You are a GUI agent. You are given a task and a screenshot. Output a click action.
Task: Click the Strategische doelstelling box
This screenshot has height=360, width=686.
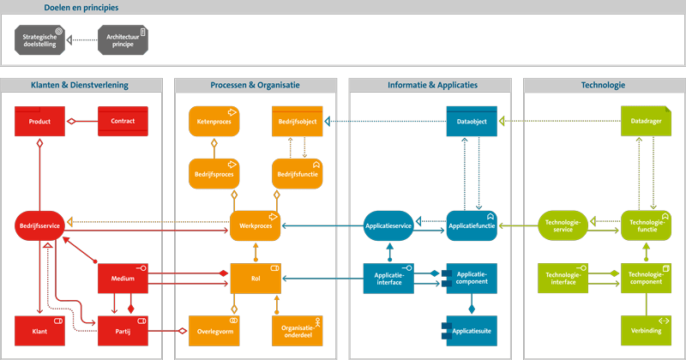click(39, 39)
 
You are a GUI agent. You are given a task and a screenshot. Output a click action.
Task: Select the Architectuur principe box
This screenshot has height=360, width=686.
click(123, 39)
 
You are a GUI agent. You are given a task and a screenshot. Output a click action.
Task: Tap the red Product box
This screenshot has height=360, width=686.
click(39, 122)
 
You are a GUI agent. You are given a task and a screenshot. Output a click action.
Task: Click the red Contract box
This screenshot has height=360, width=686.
click(123, 122)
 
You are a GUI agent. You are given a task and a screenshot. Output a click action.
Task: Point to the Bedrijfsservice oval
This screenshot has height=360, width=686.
click(39, 225)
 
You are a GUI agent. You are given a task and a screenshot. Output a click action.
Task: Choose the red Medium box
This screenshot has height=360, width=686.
click(123, 278)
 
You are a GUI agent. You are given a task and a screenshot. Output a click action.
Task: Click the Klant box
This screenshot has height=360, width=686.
click(39, 330)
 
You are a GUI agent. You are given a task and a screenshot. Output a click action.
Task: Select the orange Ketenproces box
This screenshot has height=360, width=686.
click(214, 122)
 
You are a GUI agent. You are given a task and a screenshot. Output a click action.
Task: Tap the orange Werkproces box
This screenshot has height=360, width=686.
click(256, 225)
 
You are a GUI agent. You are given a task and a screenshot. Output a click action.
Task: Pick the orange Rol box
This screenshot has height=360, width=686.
click(256, 278)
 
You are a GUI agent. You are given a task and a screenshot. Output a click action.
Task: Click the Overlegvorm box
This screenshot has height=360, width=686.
click(214, 330)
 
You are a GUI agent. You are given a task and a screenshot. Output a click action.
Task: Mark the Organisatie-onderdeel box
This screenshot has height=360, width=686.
click(297, 330)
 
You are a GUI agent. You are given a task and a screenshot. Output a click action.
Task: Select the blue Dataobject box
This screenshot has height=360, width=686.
click(471, 122)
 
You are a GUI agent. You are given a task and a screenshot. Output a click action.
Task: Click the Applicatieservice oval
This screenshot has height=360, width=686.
click(388, 225)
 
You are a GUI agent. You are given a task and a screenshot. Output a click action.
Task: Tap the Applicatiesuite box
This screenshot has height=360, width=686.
click(471, 330)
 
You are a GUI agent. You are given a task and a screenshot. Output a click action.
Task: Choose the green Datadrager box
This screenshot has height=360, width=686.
click(646, 122)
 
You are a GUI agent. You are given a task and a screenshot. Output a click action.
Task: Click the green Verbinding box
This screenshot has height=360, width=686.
click(646, 330)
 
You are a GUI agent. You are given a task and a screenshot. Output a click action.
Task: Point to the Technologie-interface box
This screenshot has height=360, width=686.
click(563, 278)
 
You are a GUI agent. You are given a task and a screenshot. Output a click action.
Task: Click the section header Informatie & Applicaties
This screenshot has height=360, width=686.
click(430, 86)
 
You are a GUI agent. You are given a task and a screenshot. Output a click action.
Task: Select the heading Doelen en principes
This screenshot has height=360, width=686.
click(81, 8)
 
